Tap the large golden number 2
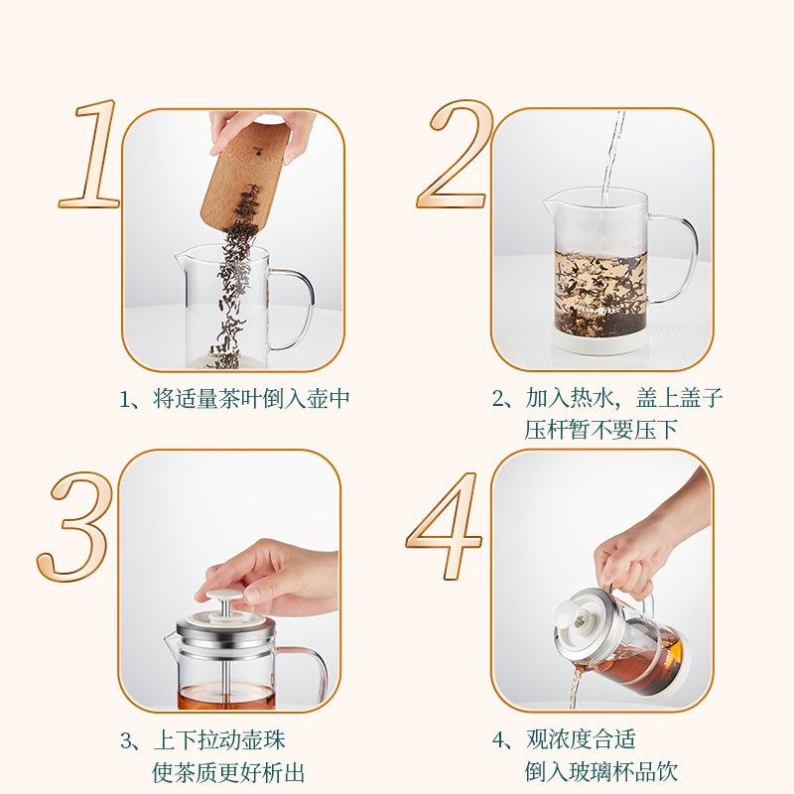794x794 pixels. (456, 155)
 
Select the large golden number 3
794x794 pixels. (76, 527)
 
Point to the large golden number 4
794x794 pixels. (445, 527)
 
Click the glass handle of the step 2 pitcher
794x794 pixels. (675, 258)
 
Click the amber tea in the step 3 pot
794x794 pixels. (226, 698)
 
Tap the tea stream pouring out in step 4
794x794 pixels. (574, 690)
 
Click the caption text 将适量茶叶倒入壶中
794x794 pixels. (251, 399)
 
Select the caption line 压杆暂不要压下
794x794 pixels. (600, 430)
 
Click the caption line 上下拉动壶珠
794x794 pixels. (219, 740)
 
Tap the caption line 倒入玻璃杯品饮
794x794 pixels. (600, 772)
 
